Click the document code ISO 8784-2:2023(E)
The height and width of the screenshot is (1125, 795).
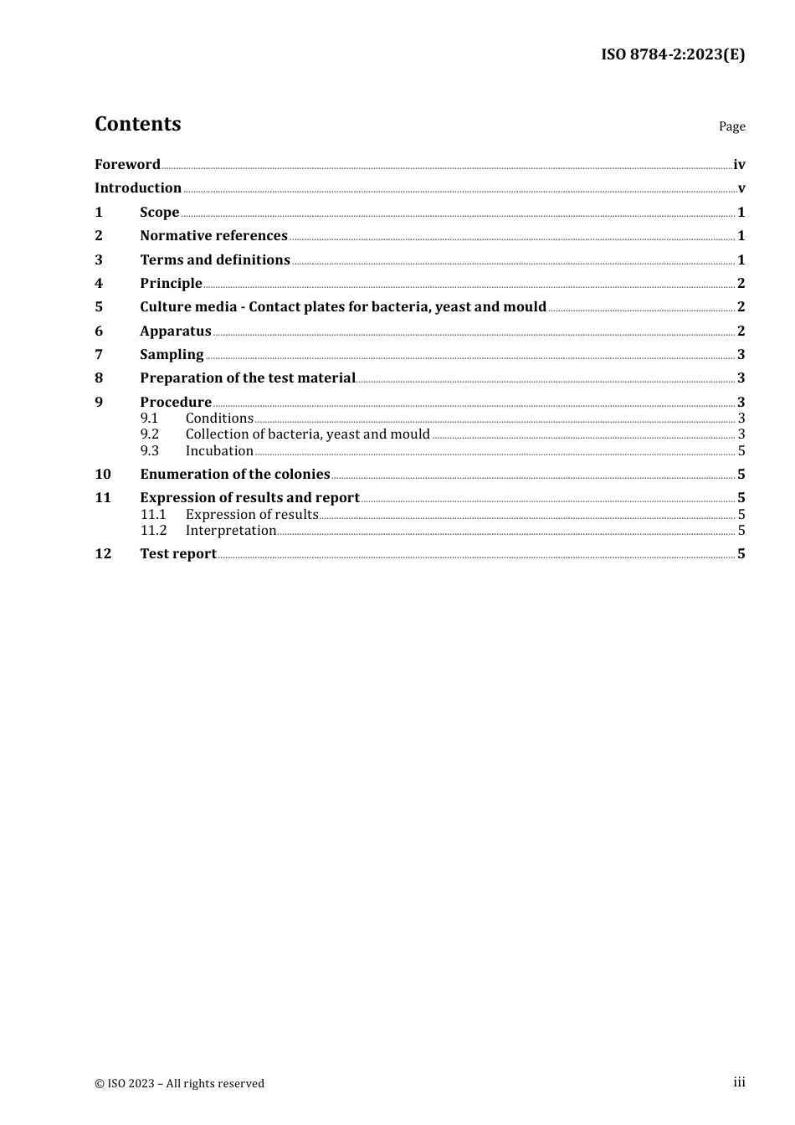672,54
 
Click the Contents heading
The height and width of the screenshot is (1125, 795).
137,124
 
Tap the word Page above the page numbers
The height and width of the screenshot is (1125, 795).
731,126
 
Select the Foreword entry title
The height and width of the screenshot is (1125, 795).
127,164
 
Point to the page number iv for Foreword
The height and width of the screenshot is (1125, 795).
739,165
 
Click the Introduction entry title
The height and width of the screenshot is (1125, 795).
138,187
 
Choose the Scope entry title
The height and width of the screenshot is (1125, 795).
159,212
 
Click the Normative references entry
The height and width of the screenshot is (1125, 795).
213,235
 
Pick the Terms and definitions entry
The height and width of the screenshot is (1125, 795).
215,259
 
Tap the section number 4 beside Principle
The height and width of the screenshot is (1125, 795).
99,283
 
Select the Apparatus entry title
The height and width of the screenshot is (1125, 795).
176,331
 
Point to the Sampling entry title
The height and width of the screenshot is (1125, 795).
172,354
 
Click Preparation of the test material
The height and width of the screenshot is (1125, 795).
248,378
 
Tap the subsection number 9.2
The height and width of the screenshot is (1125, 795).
150,434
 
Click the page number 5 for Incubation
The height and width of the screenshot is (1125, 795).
741,450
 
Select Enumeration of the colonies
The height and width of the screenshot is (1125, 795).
235,474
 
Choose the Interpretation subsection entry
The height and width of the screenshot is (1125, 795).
231,530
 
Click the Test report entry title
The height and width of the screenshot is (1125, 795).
178,553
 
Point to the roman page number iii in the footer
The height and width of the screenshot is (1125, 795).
739,1082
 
